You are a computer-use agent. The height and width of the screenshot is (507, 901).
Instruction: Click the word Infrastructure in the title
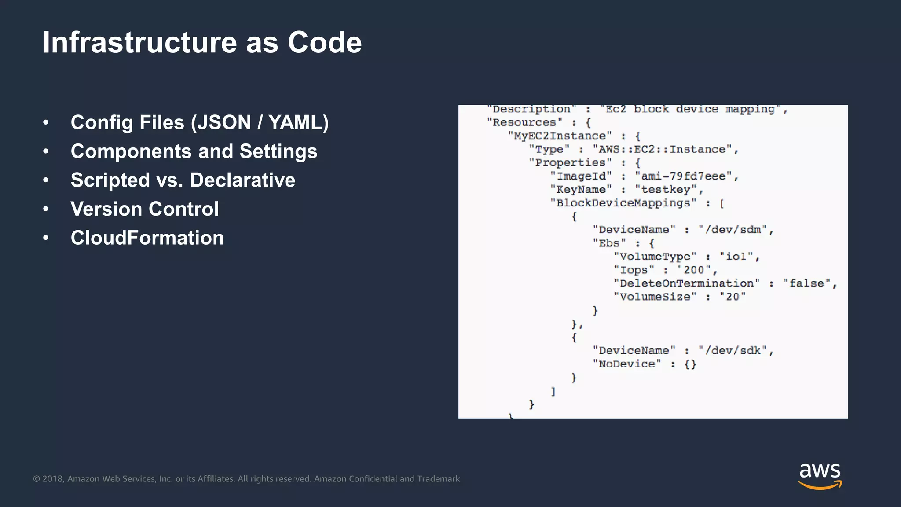click(139, 43)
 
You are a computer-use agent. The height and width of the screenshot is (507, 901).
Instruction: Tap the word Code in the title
click(325, 43)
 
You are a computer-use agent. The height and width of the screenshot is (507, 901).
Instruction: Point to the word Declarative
click(242, 180)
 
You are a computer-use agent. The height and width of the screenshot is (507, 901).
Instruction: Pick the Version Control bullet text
click(145, 209)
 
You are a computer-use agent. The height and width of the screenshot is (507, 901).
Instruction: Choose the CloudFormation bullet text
click(147, 238)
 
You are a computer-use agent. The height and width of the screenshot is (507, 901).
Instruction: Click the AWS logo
click(820, 475)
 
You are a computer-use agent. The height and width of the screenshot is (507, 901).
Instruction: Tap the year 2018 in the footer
click(53, 479)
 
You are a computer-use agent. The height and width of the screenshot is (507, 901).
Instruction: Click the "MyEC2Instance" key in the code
click(560, 136)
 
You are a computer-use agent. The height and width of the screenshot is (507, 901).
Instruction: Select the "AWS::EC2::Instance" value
click(662, 150)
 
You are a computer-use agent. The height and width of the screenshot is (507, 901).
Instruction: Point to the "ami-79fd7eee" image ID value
click(683, 176)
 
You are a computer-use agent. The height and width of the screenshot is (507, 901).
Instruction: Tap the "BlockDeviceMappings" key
click(623, 203)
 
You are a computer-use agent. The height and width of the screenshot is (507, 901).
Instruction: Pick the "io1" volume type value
click(736, 257)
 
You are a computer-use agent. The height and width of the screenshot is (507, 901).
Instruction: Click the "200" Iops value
click(694, 270)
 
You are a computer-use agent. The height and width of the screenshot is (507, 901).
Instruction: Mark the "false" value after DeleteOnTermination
click(806, 283)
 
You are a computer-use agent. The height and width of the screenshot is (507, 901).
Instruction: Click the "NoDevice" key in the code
click(626, 364)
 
